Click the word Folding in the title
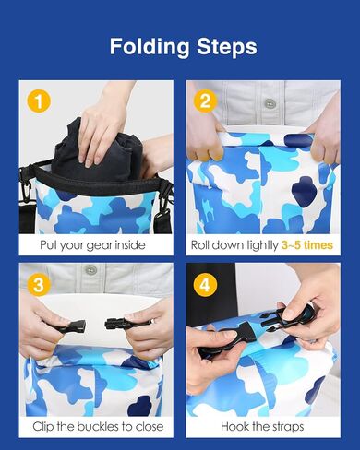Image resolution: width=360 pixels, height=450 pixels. point(150,47)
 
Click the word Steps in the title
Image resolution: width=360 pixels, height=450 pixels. point(227,46)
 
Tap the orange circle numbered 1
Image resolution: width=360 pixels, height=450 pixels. point(39,101)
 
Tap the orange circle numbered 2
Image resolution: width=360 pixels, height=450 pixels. point(205,101)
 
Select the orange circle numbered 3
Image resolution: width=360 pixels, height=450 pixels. point(39,285)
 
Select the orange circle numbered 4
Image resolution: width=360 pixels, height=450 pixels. point(205,285)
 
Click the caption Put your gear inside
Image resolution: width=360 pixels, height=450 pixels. point(92,245)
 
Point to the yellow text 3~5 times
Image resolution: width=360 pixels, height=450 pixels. point(307,245)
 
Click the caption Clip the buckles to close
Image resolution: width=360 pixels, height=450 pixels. point(98,427)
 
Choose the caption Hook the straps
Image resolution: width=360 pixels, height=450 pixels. point(262,427)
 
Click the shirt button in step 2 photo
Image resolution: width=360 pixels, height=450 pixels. point(270,103)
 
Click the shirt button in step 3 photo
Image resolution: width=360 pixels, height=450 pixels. point(90,270)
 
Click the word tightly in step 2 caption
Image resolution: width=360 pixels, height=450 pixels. point(262,245)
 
